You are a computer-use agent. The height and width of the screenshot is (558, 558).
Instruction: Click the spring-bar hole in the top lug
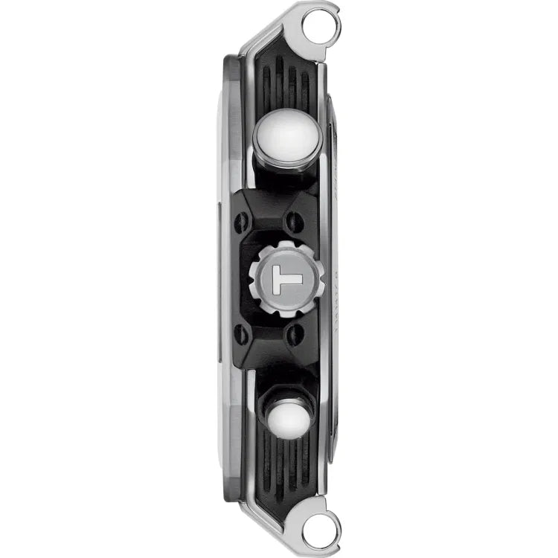coord(323,26)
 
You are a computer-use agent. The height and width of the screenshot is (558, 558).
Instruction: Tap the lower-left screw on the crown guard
coord(242,335)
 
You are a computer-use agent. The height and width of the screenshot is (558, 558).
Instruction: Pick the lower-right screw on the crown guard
coord(295,335)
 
